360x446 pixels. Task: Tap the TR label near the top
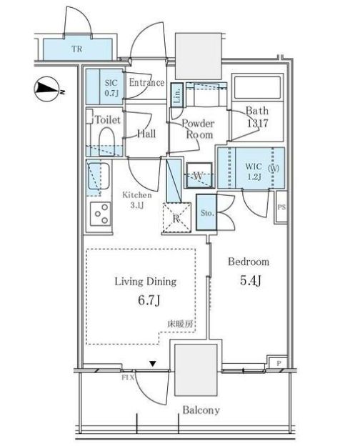click(x=76, y=50)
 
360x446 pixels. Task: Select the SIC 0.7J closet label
click(x=111, y=88)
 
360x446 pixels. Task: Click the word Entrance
click(x=146, y=83)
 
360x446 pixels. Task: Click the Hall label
click(x=146, y=133)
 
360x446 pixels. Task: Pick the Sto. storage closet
click(x=205, y=212)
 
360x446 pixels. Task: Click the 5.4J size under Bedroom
click(x=249, y=279)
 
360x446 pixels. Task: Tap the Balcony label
click(x=200, y=410)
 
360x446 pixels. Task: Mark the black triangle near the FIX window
click(x=152, y=364)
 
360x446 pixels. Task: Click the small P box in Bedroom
click(x=279, y=363)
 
